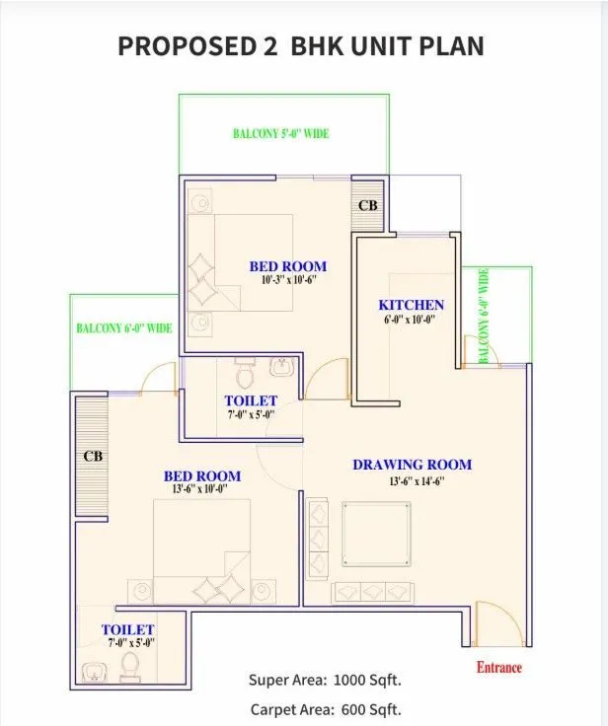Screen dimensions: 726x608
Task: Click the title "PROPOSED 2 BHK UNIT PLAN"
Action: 301,45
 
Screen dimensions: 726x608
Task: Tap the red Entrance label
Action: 499,667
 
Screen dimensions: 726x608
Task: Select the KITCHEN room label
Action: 411,305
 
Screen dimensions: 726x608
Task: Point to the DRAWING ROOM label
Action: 412,465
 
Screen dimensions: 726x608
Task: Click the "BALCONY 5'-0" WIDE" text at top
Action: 280,133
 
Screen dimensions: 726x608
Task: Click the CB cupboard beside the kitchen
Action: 367,206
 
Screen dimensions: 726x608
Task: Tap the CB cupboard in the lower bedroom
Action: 93,456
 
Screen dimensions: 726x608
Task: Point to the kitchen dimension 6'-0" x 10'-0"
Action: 411,320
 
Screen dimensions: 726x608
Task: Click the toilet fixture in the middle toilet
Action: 245,374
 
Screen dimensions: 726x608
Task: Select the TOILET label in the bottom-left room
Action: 127,629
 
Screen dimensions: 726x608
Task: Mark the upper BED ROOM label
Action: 287,266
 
